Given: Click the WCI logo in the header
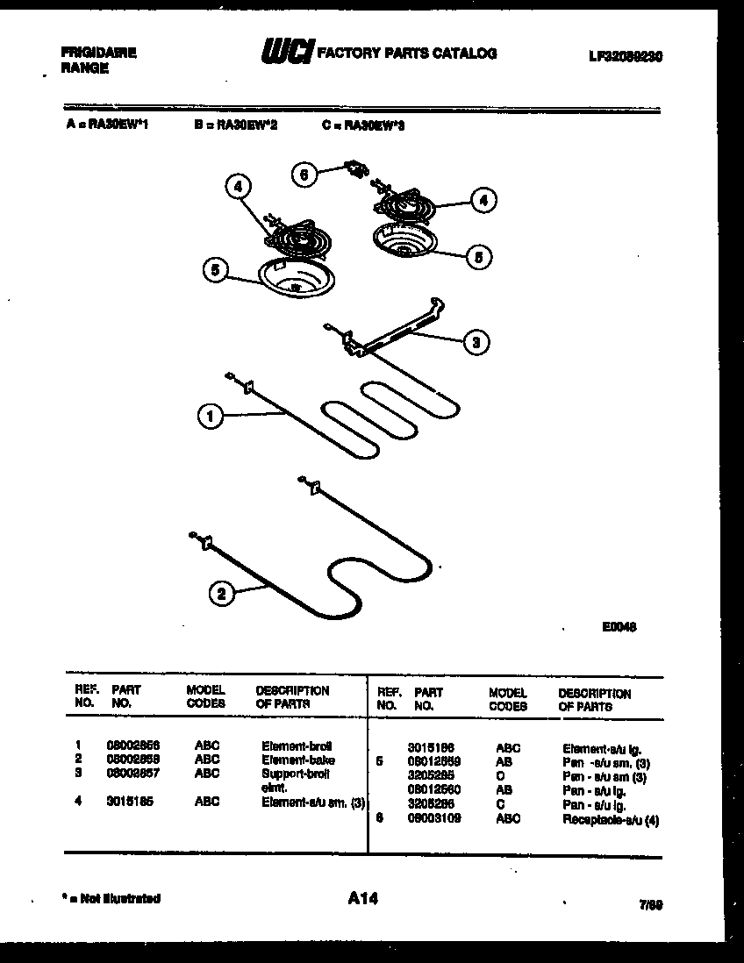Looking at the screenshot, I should [x=287, y=53].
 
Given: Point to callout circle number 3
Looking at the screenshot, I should [x=475, y=342].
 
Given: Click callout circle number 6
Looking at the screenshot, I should [x=304, y=175].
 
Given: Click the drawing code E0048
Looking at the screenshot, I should [x=619, y=627].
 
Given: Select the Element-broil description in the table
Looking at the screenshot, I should [x=297, y=745].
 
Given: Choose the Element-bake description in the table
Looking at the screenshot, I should [x=297, y=760].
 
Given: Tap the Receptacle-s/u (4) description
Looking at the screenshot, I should [x=610, y=819].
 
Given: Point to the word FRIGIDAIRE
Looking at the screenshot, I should [x=98, y=53].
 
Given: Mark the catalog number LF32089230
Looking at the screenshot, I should [x=625, y=55].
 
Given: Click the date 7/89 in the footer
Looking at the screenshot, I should [x=650, y=903].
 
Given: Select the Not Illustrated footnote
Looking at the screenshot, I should [x=111, y=898].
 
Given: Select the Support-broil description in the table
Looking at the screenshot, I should [x=295, y=774].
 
